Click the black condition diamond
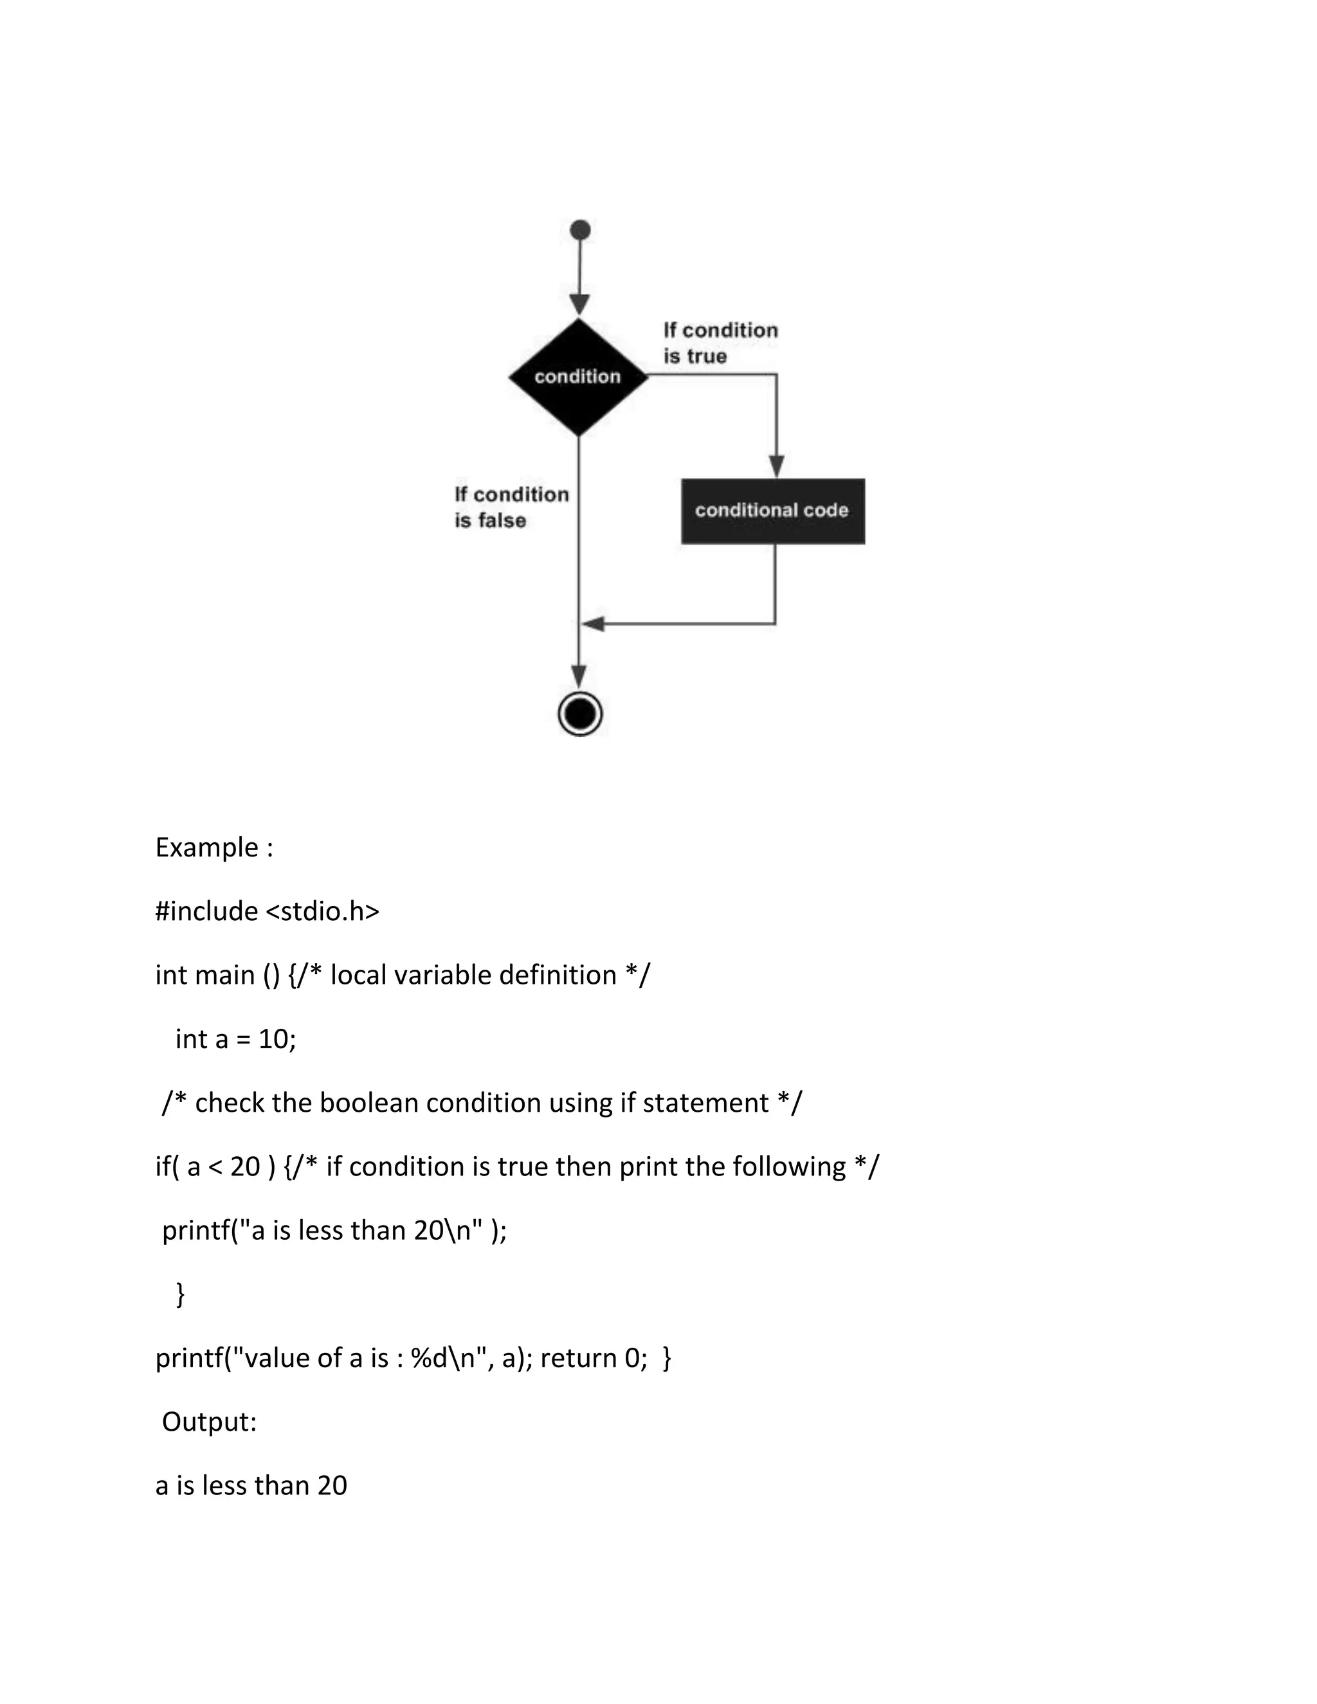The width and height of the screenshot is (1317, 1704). (x=578, y=377)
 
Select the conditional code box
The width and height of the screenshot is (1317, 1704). (x=772, y=511)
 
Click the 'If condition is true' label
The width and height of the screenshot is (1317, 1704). (x=720, y=343)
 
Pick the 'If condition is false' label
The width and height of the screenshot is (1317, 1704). (x=511, y=507)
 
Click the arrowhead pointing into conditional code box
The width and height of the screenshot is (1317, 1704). (x=776, y=466)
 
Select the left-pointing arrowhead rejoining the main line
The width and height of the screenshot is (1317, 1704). (x=594, y=623)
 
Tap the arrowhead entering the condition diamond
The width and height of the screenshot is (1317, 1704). (x=579, y=304)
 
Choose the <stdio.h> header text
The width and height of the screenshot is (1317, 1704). (x=322, y=911)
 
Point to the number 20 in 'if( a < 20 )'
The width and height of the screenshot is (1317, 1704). (x=245, y=1167)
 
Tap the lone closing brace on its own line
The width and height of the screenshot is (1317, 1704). (x=181, y=1294)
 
